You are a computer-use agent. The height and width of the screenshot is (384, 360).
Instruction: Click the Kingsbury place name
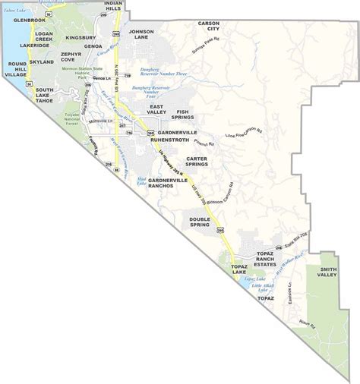click(x=79, y=36)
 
